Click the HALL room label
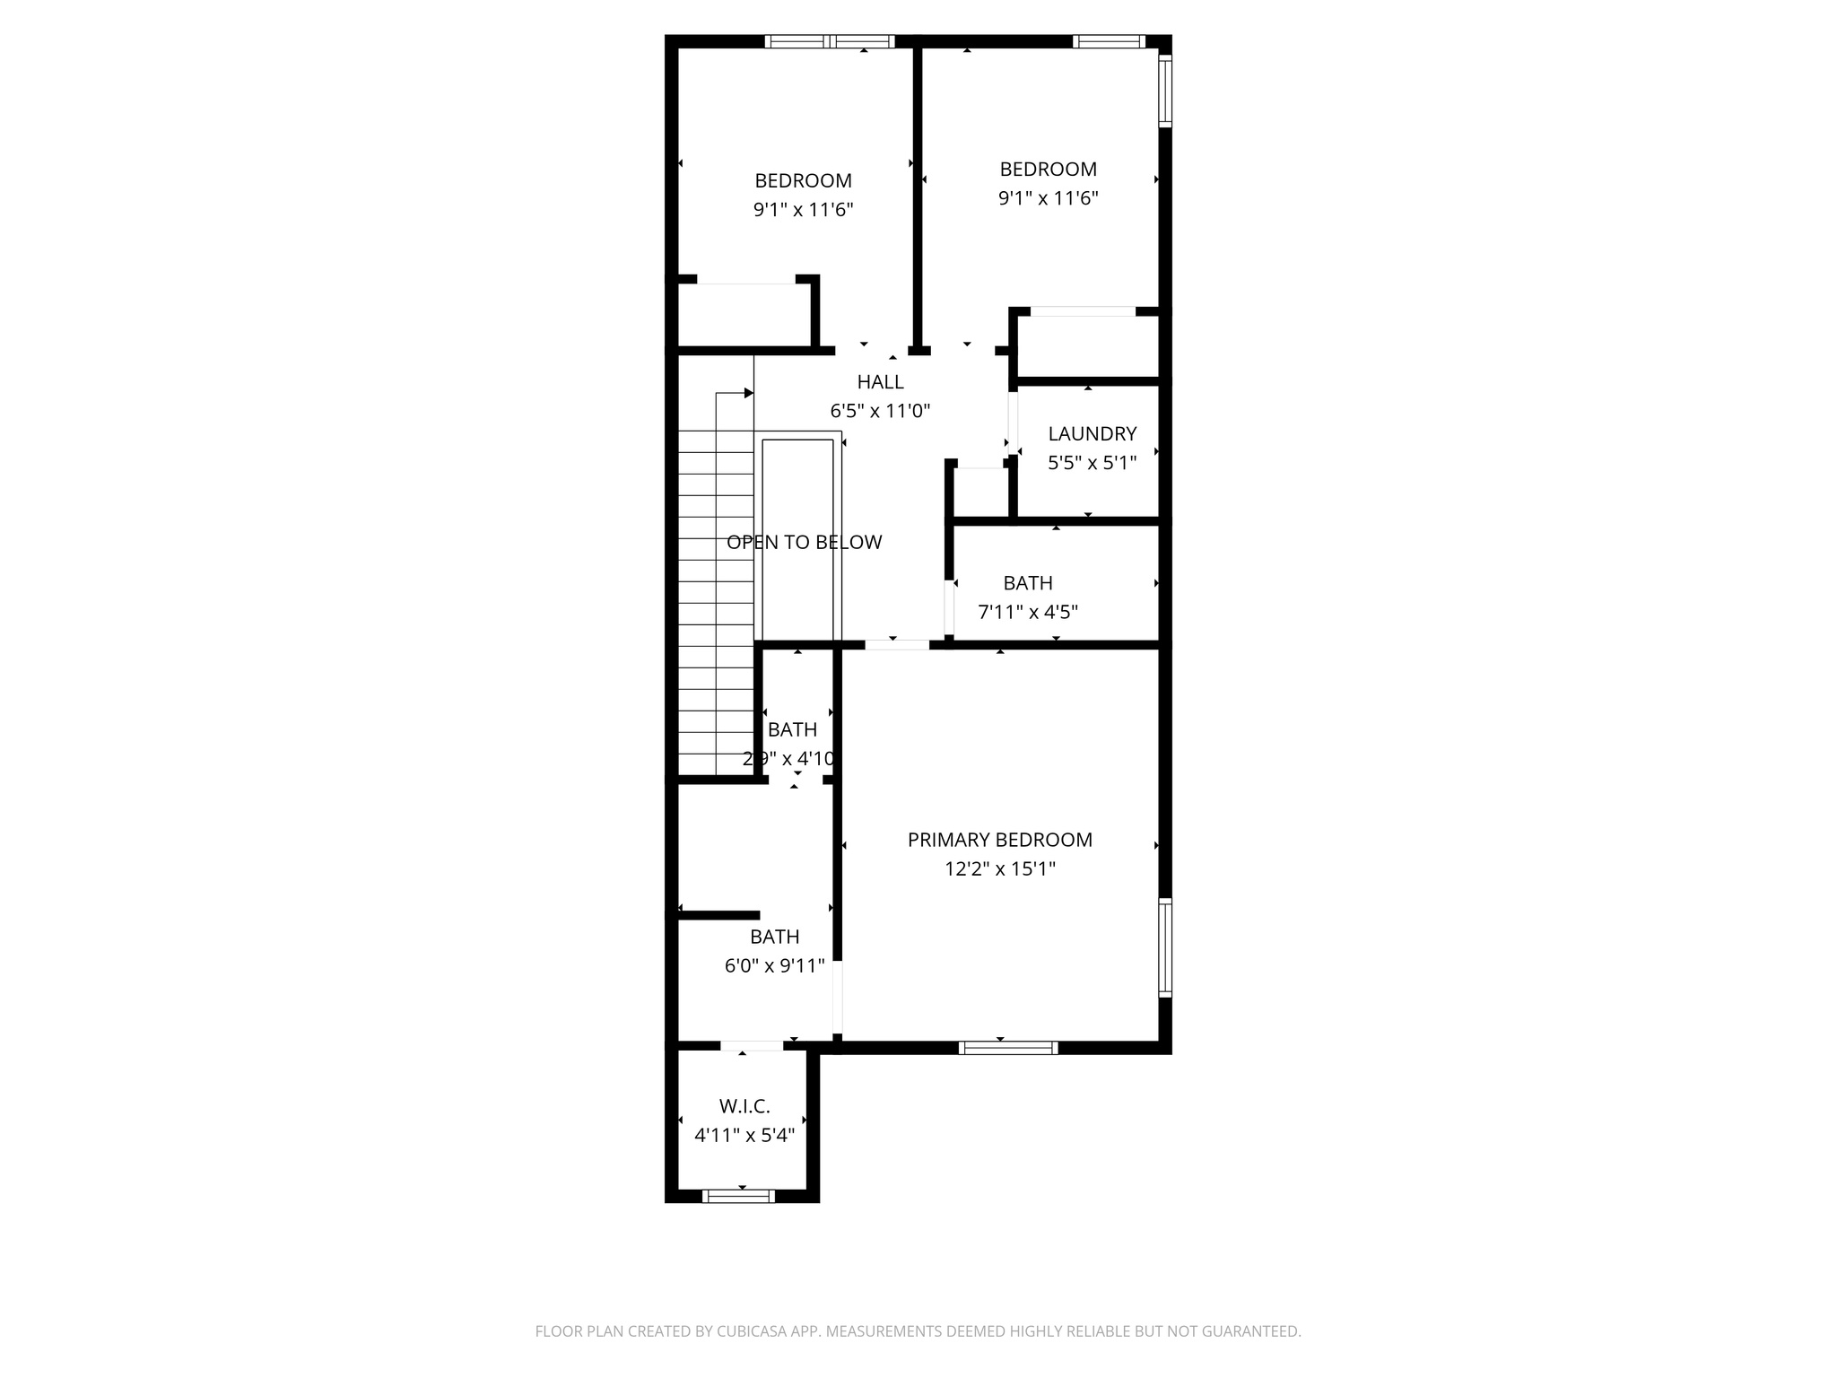(880, 382)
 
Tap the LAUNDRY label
(1092, 434)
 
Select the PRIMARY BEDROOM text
(999, 840)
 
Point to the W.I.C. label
(744, 1106)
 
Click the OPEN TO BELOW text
(804, 542)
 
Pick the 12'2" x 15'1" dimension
(999, 868)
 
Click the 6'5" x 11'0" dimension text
(880, 411)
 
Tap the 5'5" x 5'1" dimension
(1092, 463)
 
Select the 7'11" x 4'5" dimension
(1027, 612)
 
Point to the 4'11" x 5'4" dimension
(744, 1135)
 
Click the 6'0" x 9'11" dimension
(774, 965)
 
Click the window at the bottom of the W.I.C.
(738, 1196)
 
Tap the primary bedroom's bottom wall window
(1008, 1047)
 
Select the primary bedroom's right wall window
(1164, 948)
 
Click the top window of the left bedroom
(830, 41)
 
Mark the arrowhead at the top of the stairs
(748, 393)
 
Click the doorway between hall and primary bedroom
(897, 644)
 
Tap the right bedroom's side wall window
(1164, 91)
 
